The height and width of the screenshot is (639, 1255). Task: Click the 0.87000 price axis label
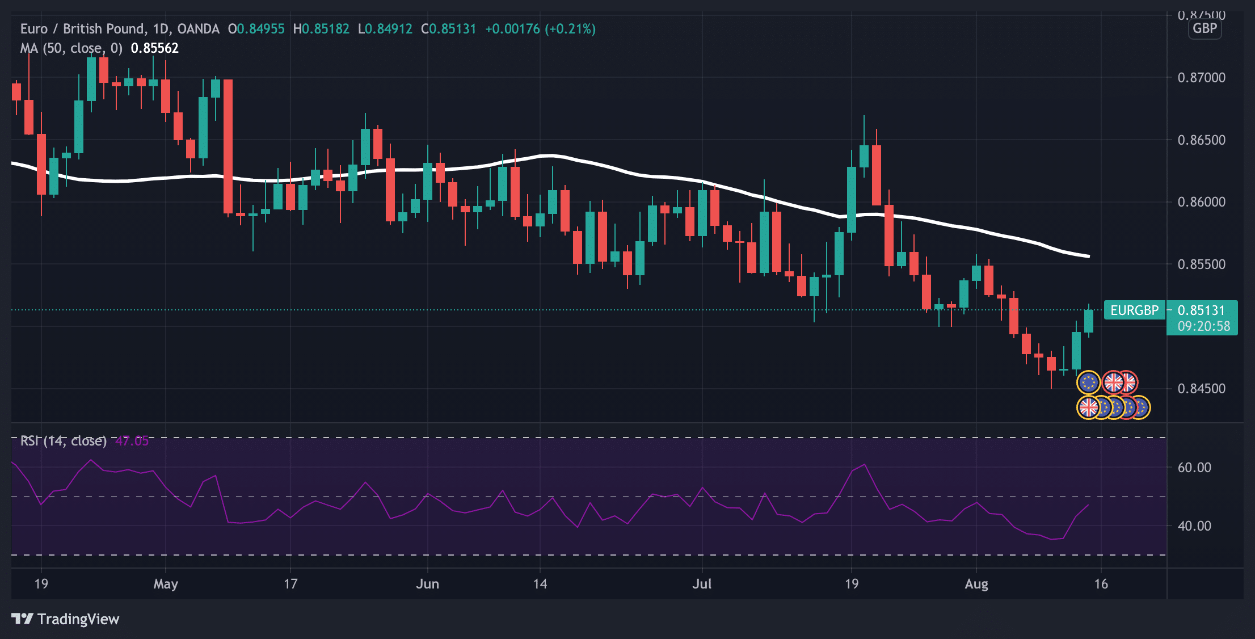[x=1201, y=77]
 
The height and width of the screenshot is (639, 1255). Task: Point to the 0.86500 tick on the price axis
[x=1201, y=140]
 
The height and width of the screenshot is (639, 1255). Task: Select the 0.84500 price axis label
[x=1201, y=389]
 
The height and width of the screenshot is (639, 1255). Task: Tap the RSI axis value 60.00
[x=1194, y=467]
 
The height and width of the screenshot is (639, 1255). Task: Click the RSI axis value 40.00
[x=1194, y=526]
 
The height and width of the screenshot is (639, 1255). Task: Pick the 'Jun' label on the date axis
[x=427, y=584]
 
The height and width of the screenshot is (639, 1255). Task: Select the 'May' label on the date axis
[x=166, y=584]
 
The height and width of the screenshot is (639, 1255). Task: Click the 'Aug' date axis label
[x=976, y=584]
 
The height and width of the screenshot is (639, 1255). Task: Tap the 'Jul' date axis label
[x=702, y=584]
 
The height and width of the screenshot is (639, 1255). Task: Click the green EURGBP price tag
[x=1134, y=310]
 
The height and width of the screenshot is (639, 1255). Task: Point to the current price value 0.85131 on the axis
[x=1201, y=310]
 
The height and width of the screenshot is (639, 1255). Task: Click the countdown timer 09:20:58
[x=1203, y=326]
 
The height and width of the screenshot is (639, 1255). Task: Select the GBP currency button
[x=1205, y=28]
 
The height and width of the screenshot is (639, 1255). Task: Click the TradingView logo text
[x=78, y=619]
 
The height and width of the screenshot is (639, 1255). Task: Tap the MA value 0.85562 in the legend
[x=154, y=48]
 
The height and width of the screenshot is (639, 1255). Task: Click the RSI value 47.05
[x=132, y=441]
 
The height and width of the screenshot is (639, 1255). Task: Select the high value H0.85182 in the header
[x=321, y=29]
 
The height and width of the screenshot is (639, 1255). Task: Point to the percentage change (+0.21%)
[x=570, y=29]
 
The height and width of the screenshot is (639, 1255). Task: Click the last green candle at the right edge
[x=1088, y=321]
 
